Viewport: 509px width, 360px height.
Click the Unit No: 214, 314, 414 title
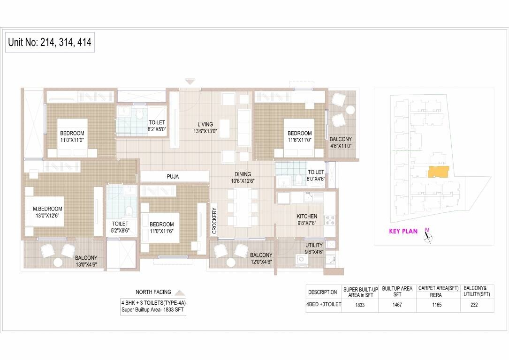[50, 43]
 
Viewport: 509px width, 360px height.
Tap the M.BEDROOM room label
[47, 209]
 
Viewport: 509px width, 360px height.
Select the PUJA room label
[173, 177]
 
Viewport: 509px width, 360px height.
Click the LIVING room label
[205, 125]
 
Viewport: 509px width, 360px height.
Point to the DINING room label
[243, 174]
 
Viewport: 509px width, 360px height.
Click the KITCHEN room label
[307, 217]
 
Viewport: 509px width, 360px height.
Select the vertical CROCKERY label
[214, 221]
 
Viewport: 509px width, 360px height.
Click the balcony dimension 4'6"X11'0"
[340, 146]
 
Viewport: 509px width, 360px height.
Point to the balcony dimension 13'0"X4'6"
[86, 264]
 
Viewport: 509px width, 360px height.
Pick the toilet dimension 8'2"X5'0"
[157, 129]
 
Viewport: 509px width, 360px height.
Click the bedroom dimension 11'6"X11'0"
[300, 140]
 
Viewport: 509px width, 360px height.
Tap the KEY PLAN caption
[403, 231]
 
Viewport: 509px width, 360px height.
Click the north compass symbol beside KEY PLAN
[427, 236]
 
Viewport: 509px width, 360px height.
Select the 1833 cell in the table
[360, 305]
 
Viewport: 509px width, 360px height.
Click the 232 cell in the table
[478, 305]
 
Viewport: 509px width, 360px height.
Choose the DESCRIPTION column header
[322, 292]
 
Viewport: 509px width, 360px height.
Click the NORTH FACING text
[153, 292]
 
